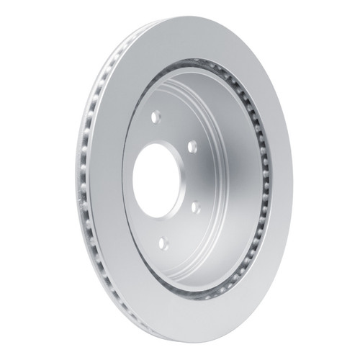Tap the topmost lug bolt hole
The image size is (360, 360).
(x=156, y=115)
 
